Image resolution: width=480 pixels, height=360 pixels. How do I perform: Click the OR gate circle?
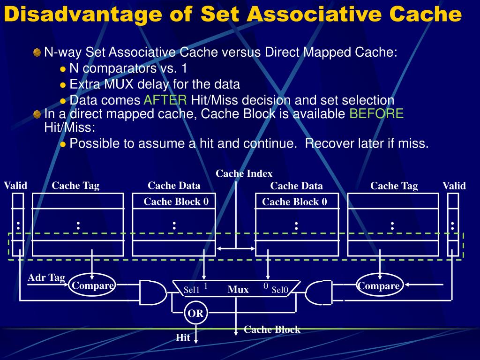pyautogui.click(x=195, y=314)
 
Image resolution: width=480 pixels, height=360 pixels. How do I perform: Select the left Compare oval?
pyautogui.click(x=92, y=285)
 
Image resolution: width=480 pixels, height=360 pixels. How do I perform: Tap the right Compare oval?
pyautogui.click(x=379, y=285)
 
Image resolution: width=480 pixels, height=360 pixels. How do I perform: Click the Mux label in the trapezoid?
pyautogui.click(x=238, y=290)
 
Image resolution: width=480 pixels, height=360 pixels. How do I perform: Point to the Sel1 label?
pyautogui.click(x=192, y=290)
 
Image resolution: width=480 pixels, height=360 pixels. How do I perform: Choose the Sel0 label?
pyautogui.click(x=280, y=290)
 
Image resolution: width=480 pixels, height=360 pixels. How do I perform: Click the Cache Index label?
pyautogui.click(x=244, y=174)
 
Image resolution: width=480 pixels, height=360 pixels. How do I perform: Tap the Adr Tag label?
pyautogui.click(x=46, y=277)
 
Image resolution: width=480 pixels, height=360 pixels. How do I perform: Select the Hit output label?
pyautogui.click(x=183, y=337)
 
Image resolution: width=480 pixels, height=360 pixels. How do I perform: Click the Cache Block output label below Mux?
pyautogui.click(x=272, y=330)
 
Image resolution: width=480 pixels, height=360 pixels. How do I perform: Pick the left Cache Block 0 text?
pyautogui.click(x=176, y=202)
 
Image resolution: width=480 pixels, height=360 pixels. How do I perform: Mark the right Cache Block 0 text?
pyautogui.click(x=294, y=202)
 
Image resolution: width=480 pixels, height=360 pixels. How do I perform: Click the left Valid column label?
pyautogui.click(x=15, y=186)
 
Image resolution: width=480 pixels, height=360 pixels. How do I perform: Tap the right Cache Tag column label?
pyautogui.click(x=394, y=186)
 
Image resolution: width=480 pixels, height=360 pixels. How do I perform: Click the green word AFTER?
pyautogui.click(x=165, y=100)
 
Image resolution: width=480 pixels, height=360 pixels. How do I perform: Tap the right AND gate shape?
pyautogui.click(x=318, y=292)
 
